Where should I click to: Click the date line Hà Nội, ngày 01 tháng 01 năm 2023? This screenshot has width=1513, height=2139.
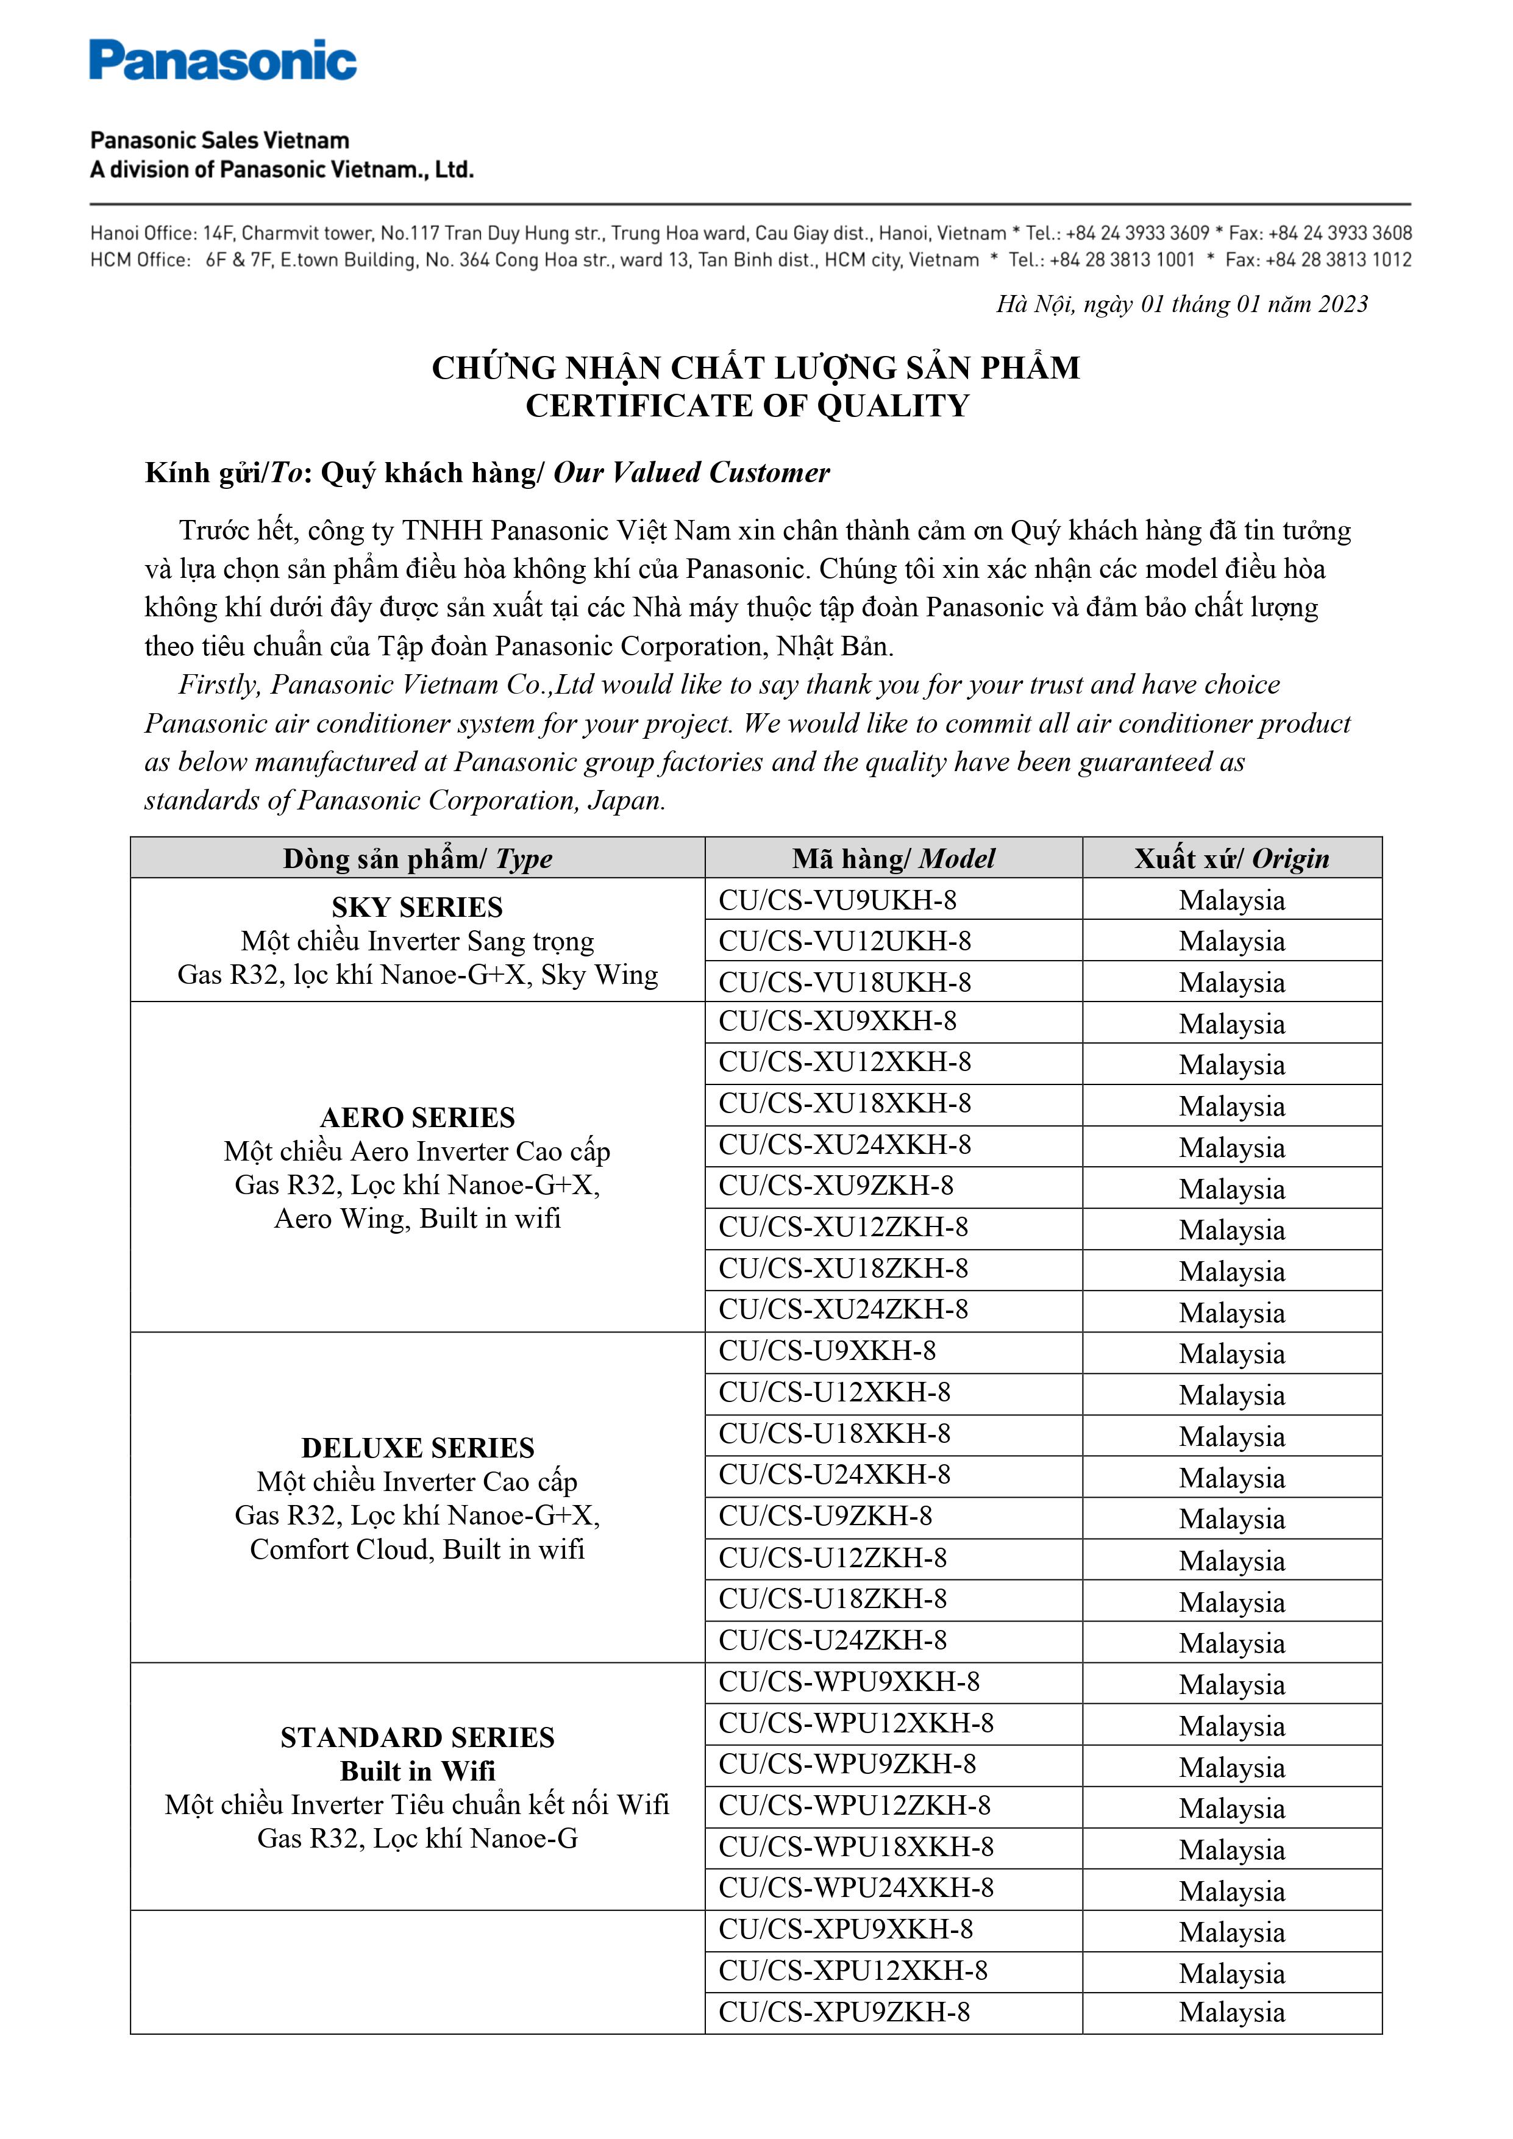coord(1181,305)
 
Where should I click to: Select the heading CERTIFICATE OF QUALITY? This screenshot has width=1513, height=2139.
coord(747,406)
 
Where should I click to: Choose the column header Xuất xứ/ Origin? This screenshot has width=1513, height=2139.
coord(1231,858)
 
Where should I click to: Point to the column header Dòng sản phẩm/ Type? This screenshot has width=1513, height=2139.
coord(418,858)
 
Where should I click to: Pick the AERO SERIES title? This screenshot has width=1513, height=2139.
coord(418,1117)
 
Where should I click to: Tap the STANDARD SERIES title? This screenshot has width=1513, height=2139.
coord(418,1737)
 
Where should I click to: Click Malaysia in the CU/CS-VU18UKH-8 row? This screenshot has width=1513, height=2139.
coord(1231,983)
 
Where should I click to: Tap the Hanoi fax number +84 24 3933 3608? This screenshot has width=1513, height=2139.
coord(1340,233)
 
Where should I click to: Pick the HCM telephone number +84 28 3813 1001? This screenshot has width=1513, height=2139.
coord(1122,260)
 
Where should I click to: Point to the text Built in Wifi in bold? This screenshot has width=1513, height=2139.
coord(418,1771)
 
